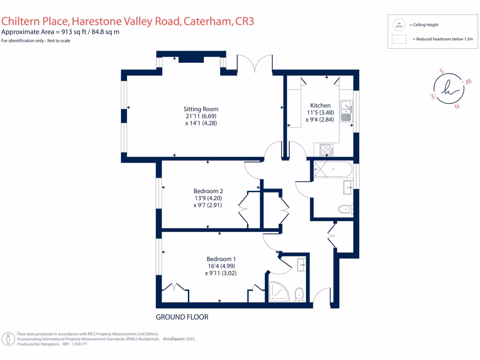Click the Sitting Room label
201,109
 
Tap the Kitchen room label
320,105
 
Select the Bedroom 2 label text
208,191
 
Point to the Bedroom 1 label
221,259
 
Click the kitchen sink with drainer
346,111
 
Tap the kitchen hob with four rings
326,150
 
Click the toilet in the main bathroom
346,209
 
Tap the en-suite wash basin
301,265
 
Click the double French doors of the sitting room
254,64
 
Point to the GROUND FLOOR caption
182,317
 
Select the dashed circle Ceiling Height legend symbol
399,24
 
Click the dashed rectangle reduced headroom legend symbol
399,39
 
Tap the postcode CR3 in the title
244,21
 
